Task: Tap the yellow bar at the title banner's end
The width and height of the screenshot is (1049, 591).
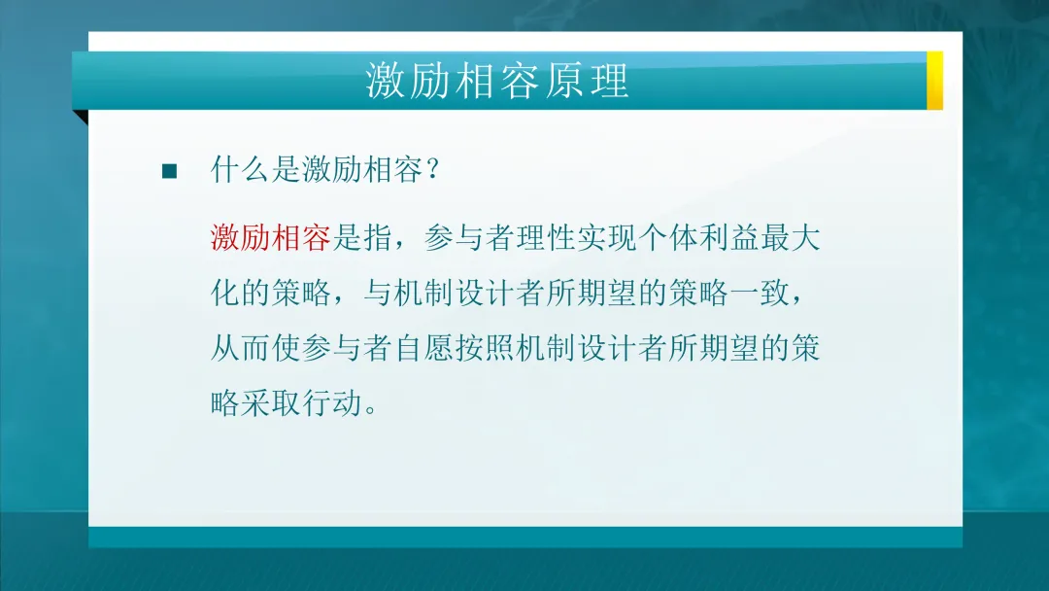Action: (x=934, y=80)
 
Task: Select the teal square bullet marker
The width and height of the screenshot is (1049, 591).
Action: (x=170, y=172)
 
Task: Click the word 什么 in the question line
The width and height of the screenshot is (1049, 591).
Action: (x=241, y=171)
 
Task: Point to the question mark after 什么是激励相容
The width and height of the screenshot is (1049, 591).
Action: (x=433, y=172)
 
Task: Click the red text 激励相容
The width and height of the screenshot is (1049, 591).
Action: (x=271, y=239)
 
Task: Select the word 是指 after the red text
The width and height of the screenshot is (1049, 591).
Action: (x=361, y=239)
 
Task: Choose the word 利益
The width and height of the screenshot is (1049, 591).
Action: (x=726, y=239)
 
